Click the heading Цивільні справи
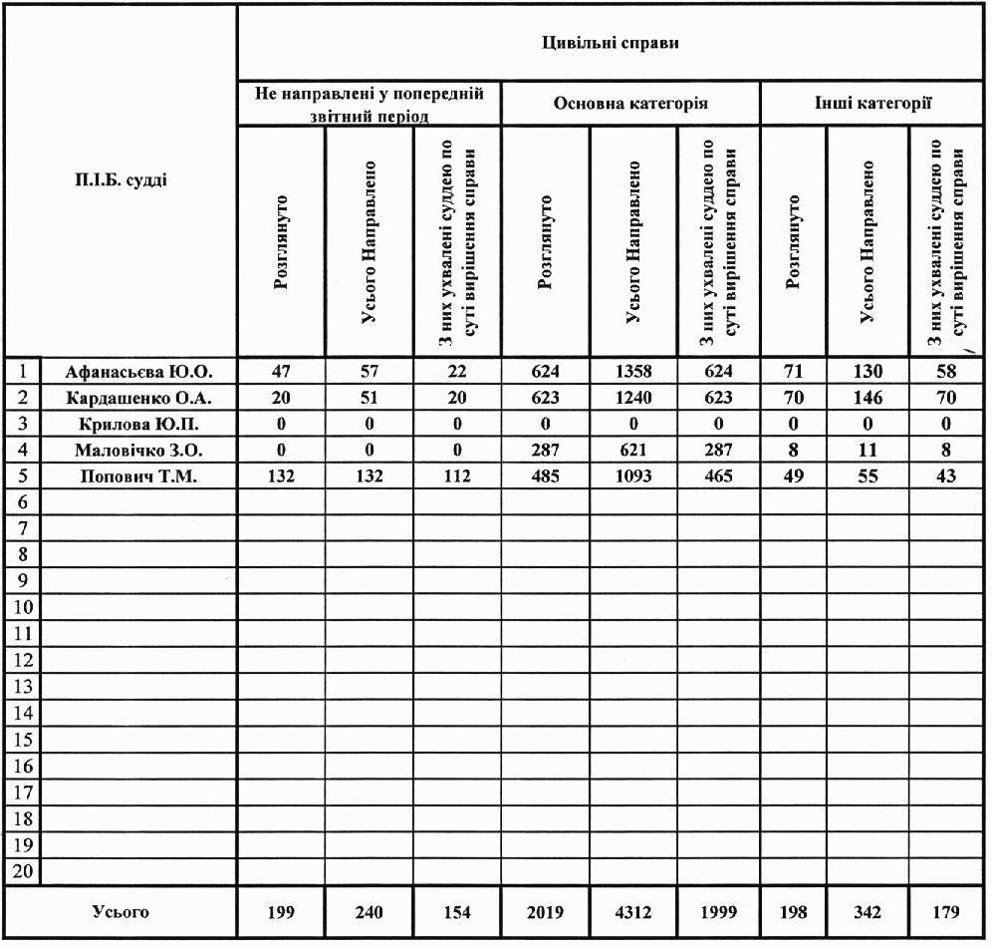pos(613,46)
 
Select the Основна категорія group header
pos(631,104)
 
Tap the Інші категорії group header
pos(873,104)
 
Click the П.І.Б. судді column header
pos(123,180)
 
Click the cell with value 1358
pos(633,372)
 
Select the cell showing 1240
pos(633,398)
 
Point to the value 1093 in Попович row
pos(633,476)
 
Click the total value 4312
pos(633,912)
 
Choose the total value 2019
pos(545,912)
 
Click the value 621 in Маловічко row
pos(633,450)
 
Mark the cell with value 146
pos(868,398)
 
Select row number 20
pos(22,871)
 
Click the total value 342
pos(868,912)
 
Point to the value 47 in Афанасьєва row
pos(280,372)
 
